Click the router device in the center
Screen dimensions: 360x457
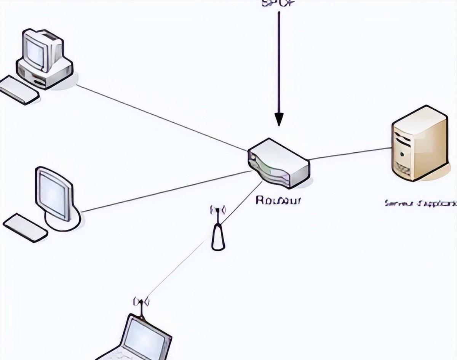[279, 163]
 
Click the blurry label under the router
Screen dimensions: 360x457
[278, 200]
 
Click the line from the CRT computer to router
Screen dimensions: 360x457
[160, 118]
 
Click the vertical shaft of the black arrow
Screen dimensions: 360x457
[279, 61]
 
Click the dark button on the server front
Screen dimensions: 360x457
[401, 154]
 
